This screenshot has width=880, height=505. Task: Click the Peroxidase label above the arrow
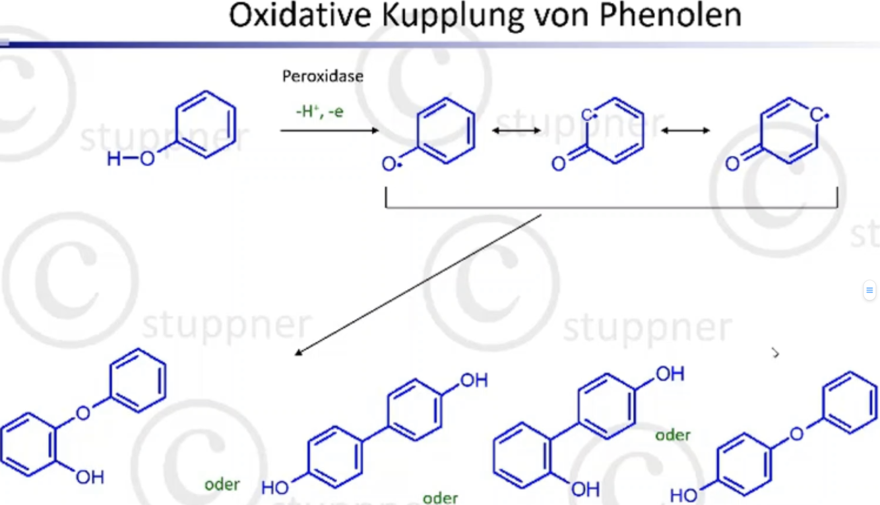point(323,76)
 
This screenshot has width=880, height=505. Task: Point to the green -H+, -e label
point(319,111)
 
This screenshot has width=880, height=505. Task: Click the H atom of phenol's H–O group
point(114,159)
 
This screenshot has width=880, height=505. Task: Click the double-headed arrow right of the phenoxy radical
point(517,131)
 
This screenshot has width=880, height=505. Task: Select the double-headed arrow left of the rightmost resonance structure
point(686,131)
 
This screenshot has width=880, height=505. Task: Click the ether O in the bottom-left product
point(83,413)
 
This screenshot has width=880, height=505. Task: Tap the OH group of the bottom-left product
point(90,477)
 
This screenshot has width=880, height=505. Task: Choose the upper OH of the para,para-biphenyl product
point(474,380)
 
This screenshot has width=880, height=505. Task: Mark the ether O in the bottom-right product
point(798,433)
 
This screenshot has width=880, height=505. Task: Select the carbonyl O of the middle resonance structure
point(559,163)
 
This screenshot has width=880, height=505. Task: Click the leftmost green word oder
point(222,485)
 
